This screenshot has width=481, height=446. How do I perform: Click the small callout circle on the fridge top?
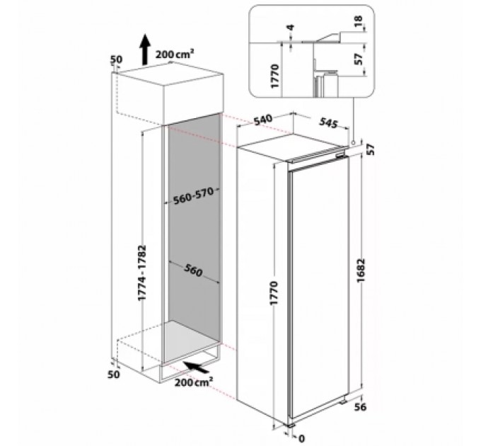[352, 142]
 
